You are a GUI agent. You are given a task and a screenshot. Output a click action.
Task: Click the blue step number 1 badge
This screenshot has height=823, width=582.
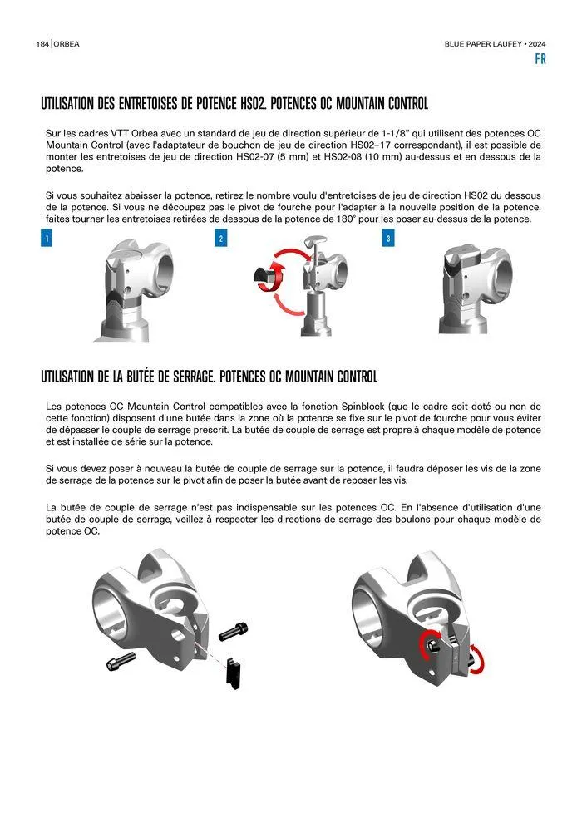click(47, 239)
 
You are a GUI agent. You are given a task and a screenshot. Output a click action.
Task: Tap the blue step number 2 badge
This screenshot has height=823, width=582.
click(221, 239)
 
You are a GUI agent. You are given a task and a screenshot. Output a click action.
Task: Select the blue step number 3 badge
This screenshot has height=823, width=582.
click(388, 239)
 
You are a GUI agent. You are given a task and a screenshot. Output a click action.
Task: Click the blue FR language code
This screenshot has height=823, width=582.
click(540, 59)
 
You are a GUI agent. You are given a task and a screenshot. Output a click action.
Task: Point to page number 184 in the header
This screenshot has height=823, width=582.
click(42, 44)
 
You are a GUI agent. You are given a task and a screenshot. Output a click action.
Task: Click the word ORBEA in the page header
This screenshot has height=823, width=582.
click(67, 44)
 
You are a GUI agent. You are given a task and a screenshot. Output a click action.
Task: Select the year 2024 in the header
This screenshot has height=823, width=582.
click(537, 44)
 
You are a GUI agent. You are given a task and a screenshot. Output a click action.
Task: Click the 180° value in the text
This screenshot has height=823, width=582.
click(345, 219)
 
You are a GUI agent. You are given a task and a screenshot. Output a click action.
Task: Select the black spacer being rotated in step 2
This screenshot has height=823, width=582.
click(264, 278)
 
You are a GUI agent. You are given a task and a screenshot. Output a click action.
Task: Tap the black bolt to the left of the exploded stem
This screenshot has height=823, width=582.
click(121, 660)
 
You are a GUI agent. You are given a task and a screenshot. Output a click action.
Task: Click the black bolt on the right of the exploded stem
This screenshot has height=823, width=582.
click(233, 630)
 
